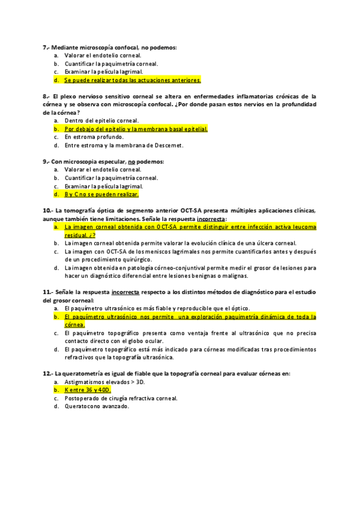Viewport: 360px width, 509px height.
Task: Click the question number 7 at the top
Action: pyautogui.click(x=46, y=47)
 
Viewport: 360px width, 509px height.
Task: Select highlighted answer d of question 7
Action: pyautogui.click(x=132, y=80)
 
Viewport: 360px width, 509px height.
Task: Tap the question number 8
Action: pyautogui.click(x=46, y=96)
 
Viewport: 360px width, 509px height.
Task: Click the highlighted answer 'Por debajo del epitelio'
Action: pyautogui.click(x=136, y=128)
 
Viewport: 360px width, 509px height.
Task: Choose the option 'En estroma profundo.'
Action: pyautogui.click(x=94, y=137)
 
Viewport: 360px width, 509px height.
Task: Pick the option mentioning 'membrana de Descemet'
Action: pyautogui.click(x=124, y=145)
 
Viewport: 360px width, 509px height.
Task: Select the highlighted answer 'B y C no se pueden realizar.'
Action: pyautogui.click(x=101, y=194)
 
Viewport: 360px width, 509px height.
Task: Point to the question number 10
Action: pyautogui.click(x=47, y=211)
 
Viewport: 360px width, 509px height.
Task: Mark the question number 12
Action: pyautogui.click(x=47, y=373)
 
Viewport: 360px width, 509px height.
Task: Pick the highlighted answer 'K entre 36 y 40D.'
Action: pyautogui.click(x=88, y=390)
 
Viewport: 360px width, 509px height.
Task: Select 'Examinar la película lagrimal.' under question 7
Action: pyautogui.click(x=103, y=71)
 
